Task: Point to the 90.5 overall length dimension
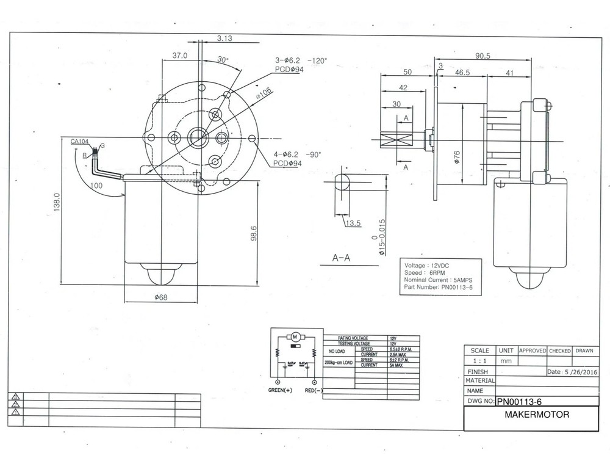click(x=483, y=56)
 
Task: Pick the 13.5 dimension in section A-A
click(x=354, y=224)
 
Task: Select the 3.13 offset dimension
click(x=224, y=38)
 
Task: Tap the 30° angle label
click(x=223, y=60)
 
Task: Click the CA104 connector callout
click(x=80, y=141)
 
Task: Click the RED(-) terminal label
click(x=314, y=390)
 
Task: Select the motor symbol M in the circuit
click(x=295, y=336)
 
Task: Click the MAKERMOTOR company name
click(x=537, y=415)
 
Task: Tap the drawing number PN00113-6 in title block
click(x=519, y=402)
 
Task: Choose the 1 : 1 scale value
click(x=479, y=361)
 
